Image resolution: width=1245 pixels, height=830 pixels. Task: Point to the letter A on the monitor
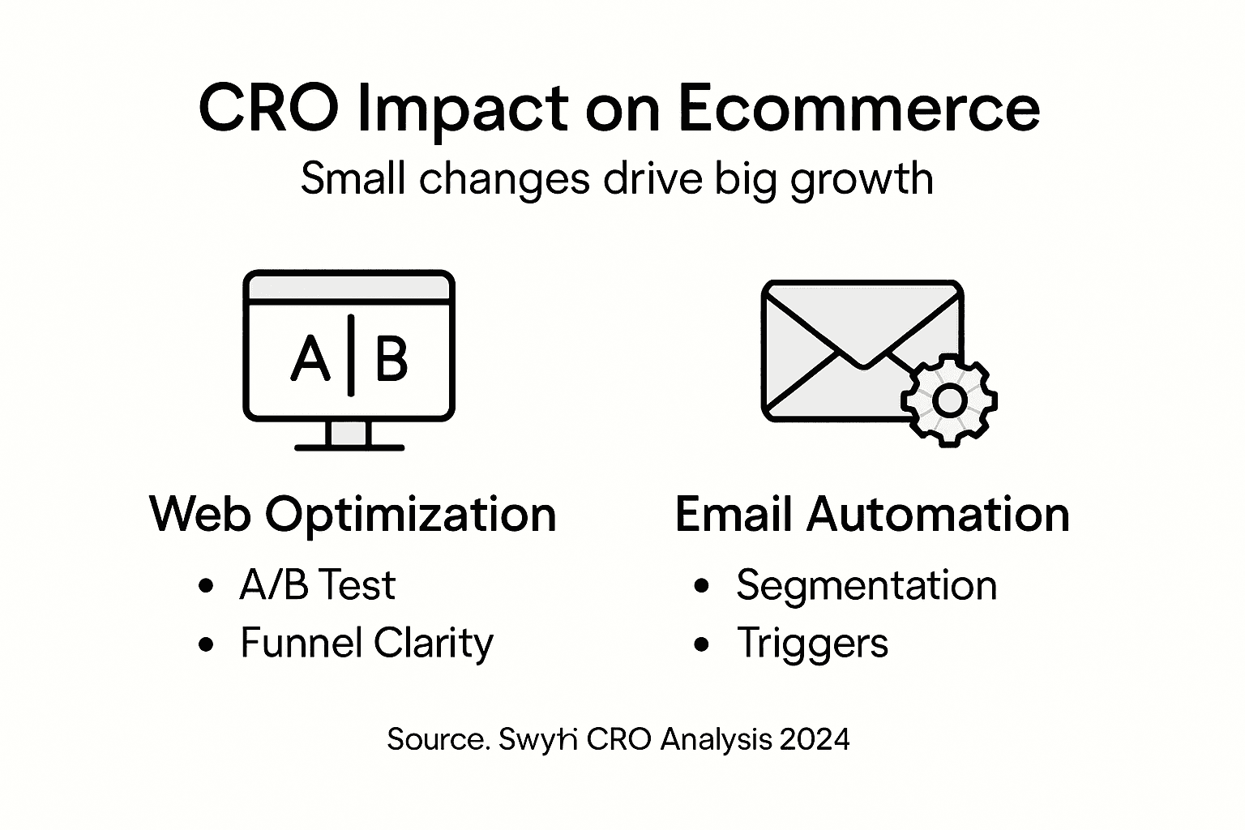(x=310, y=358)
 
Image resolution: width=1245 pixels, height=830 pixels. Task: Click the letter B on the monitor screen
(x=391, y=358)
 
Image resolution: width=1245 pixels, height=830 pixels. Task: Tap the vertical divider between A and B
(x=351, y=357)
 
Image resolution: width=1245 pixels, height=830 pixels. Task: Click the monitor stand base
(x=349, y=447)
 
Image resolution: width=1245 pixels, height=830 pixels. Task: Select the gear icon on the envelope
(x=949, y=400)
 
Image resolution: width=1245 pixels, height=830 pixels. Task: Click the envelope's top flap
(x=862, y=324)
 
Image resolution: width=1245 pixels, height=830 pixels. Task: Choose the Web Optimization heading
(x=353, y=515)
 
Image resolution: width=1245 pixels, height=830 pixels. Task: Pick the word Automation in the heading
(x=938, y=515)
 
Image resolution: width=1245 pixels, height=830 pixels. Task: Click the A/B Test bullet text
(x=317, y=585)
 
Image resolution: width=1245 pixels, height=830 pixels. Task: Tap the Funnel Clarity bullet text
(x=366, y=644)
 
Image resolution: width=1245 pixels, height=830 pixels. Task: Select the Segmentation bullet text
(x=866, y=585)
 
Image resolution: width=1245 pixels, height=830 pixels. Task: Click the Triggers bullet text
(x=812, y=644)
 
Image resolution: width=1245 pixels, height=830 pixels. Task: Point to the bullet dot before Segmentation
(x=702, y=586)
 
